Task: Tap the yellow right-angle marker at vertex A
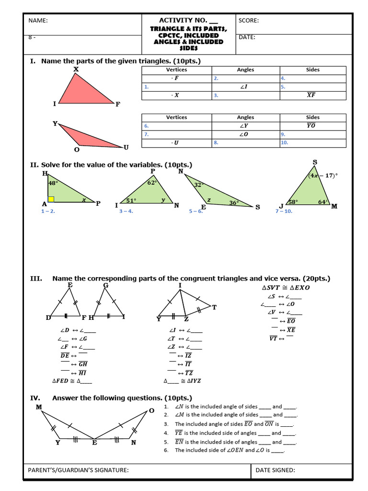coord(51,199)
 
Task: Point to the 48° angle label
coord(53,183)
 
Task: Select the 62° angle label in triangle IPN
coord(152,183)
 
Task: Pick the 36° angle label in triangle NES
coord(233,203)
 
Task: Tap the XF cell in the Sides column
coord(311,95)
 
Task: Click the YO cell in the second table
coord(311,126)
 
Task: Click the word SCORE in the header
coord(248,21)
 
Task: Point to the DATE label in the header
coord(247,37)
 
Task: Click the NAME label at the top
coord(38,21)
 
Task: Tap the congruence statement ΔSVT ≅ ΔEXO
coord(286,288)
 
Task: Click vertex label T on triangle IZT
coord(214,307)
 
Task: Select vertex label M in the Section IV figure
coord(39,407)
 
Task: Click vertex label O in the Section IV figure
coord(151,411)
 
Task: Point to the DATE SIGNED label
coord(275,470)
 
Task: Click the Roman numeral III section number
coord(36,279)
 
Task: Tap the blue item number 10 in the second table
coord(284,143)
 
